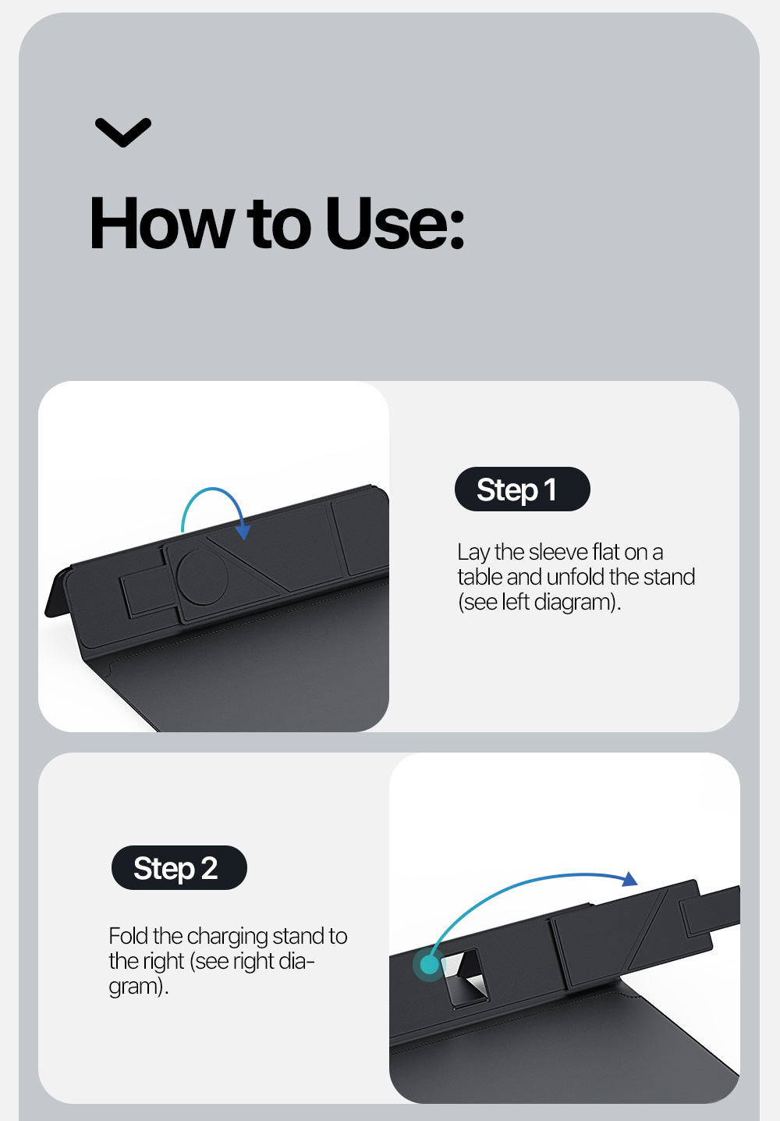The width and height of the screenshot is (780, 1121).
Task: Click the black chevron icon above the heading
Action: [123, 133]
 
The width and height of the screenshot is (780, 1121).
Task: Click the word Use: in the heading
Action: [395, 223]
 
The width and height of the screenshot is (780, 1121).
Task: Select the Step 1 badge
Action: [522, 489]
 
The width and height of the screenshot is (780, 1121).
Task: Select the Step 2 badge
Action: [179, 867]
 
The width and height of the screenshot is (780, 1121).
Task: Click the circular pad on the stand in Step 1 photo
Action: [203, 577]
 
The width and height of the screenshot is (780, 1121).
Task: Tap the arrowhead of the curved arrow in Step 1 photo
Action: [243, 532]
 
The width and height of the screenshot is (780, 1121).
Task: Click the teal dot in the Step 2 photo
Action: [429, 964]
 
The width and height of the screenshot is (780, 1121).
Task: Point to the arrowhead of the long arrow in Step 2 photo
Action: [630, 879]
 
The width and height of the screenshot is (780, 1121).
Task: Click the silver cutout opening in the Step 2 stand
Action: [466, 977]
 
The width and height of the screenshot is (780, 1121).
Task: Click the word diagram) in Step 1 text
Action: [577, 602]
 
